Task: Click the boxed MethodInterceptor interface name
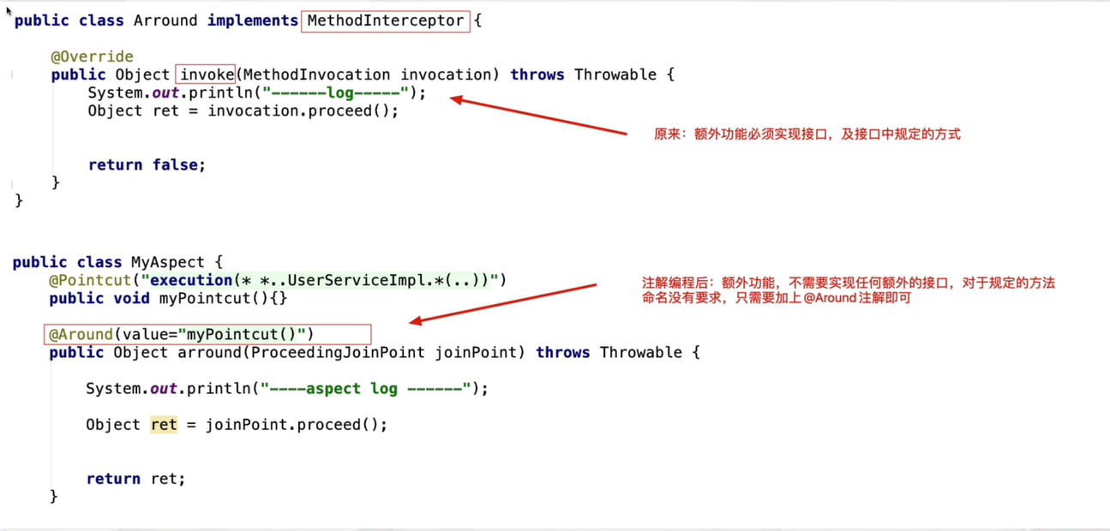[385, 21]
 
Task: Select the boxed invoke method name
[206, 75]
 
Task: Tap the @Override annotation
[92, 57]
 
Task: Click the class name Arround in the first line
[165, 21]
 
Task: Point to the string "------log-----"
[335, 92]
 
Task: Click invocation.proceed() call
[303, 110]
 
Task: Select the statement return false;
[147, 164]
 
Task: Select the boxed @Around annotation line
[207, 334]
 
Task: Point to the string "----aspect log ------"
[366, 389]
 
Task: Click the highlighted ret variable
[164, 425]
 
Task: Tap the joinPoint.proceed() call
[296, 425]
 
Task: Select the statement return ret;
[135, 479]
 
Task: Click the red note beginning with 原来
[807, 134]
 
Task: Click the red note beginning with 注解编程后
[848, 290]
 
